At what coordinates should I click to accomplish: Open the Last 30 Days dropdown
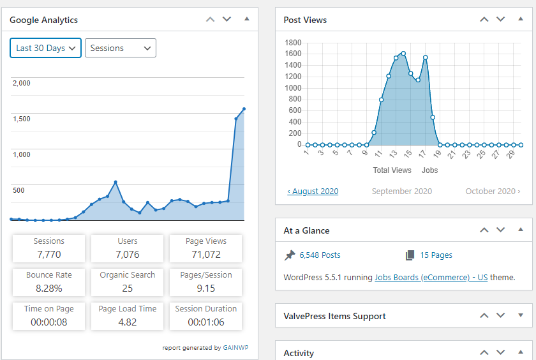45,48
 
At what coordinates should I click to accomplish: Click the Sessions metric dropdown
121,48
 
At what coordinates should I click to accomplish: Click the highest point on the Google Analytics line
244,109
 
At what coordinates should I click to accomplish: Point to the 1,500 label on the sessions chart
22,119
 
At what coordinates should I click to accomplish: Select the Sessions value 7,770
49,254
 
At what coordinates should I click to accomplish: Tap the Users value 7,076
128,254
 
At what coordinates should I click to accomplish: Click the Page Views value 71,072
205,254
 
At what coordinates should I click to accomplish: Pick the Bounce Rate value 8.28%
49,289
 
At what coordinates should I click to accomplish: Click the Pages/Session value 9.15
205,289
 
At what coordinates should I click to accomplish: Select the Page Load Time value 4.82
128,322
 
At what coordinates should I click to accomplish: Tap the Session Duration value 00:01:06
205,322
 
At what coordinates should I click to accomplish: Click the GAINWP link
235,348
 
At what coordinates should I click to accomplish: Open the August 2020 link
313,191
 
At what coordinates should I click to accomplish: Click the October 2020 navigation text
493,191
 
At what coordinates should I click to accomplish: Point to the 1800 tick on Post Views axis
293,43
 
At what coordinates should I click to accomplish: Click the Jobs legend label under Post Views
429,170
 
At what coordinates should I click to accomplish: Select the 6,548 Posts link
320,255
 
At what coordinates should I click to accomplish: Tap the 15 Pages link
436,255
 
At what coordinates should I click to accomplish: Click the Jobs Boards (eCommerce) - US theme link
431,277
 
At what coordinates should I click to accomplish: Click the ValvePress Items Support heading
334,316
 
